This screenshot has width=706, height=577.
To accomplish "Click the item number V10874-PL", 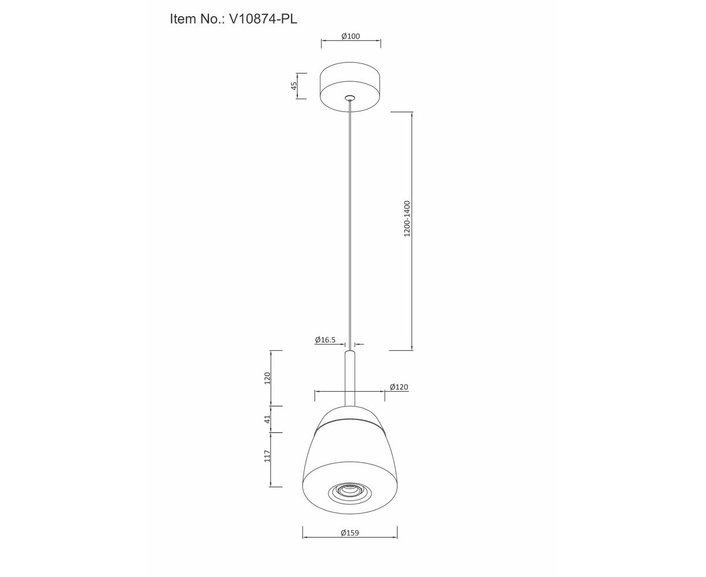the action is pyautogui.click(x=263, y=19).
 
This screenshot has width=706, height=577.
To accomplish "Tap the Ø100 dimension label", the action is pyautogui.click(x=350, y=36).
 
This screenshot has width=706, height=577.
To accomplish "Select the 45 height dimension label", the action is pyautogui.click(x=294, y=86).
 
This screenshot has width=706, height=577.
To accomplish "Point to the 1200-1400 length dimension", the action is pyautogui.click(x=407, y=219).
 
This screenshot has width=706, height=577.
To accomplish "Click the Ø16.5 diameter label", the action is pyautogui.click(x=325, y=340).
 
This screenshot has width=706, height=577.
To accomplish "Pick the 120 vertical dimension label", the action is pyautogui.click(x=267, y=378).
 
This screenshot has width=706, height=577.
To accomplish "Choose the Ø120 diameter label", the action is pyautogui.click(x=399, y=387).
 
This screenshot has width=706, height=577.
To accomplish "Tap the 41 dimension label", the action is pyautogui.click(x=267, y=419).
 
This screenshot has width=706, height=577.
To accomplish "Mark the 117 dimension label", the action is pyautogui.click(x=267, y=456).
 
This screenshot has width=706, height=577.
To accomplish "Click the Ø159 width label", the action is pyautogui.click(x=350, y=533).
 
